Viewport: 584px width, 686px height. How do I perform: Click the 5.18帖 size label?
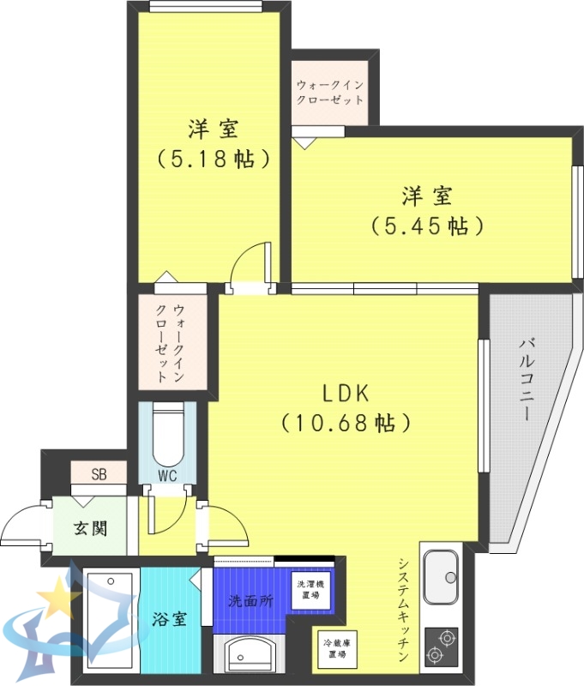tap(214, 159)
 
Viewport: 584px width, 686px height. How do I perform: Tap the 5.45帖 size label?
tap(428, 226)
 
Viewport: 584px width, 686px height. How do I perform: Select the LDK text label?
tap(345, 394)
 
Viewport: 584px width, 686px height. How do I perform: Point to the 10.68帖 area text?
tap(345, 423)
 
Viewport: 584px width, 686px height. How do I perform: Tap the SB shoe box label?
tap(99, 473)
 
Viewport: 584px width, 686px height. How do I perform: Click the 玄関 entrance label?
tap(90, 527)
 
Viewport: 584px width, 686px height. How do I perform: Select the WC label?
tap(167, 475)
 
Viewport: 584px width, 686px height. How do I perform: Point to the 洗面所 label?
tap(250, 601)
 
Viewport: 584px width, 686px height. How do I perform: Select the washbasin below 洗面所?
tap(251, 656)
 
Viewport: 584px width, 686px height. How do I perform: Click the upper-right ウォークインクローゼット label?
tap(330, 93)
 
